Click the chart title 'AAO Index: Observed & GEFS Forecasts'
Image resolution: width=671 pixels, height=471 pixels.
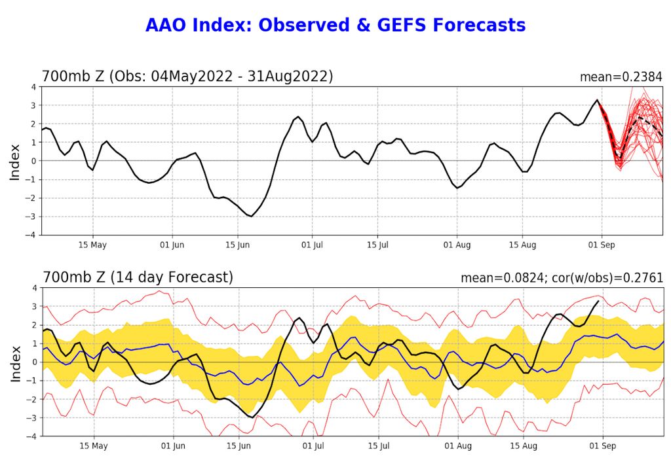tap(335, 26)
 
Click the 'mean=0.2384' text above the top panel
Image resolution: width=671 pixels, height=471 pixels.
tap(621, 77)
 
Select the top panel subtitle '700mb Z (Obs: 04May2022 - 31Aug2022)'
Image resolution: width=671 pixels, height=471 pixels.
tap(187, 76)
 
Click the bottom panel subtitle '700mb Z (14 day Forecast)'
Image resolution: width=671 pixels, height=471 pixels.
tap(137, 277)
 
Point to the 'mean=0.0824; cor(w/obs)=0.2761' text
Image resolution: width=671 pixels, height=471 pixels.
tap(562, 278)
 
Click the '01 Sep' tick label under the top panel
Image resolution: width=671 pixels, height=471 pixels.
tap(602, 245)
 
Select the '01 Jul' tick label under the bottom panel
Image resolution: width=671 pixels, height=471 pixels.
tap(313, 446)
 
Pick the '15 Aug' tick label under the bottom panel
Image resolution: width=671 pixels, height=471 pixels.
tap(522, 446)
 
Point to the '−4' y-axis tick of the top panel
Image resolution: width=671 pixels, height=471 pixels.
tap(32, 235)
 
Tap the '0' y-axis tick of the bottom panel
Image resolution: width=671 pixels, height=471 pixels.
tap(35, 362)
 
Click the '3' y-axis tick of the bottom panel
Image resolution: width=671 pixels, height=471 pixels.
tap(35, 306)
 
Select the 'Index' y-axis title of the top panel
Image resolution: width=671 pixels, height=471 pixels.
tap(15, 161)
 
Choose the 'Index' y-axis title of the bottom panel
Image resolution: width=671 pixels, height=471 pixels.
tap(15, 362)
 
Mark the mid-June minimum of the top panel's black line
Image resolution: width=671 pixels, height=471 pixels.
tap(251, 216)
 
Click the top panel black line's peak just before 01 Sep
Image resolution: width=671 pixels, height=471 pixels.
tap(597, 100)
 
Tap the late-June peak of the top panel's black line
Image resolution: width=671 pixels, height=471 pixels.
tap(298, 117)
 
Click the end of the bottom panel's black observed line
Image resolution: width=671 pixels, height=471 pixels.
tap(598, 301)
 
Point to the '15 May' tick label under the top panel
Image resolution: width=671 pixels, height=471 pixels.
tap(92, 245)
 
